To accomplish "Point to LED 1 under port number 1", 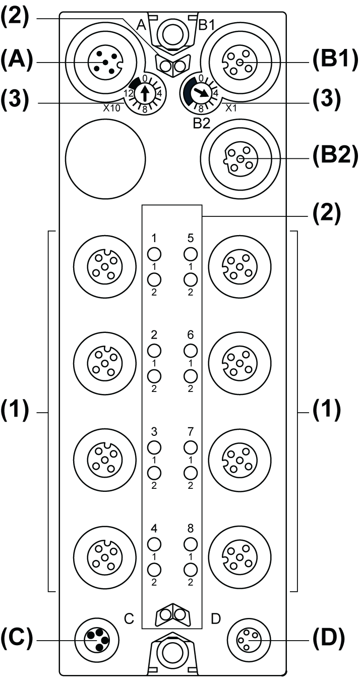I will click(154, 253).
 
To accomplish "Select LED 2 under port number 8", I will click(190, 569).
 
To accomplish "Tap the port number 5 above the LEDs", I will click(190, 238).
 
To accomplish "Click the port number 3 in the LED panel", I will click(154, 432).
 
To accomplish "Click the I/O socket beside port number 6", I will click(239, 363).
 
